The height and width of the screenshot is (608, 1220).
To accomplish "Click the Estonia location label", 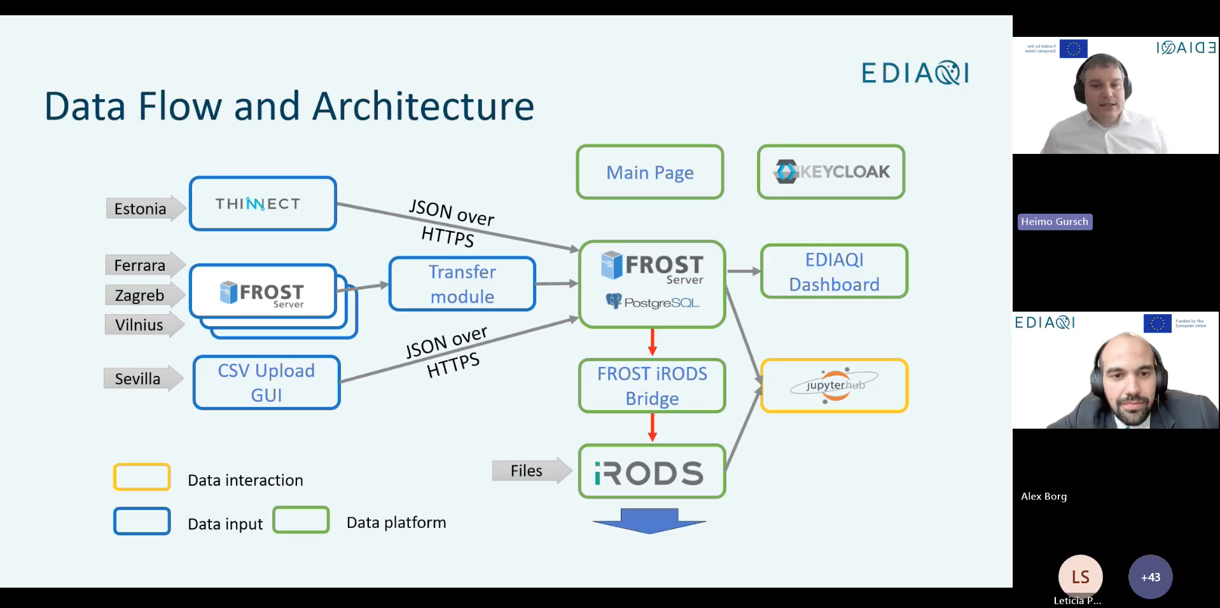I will (x=141, y=209).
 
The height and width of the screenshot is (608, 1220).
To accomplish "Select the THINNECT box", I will (x=263, y=204).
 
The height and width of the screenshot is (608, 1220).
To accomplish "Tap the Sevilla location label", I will (x=138, y=378).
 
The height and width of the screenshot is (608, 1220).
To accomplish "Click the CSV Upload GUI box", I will (x=267, y=382).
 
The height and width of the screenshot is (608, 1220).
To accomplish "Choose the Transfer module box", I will (x=462, y=284).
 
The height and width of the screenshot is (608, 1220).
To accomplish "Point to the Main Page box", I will (x=650, y=172).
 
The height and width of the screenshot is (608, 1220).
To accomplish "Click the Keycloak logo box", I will (x=831, y=172).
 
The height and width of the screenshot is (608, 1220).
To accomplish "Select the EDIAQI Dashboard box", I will (x=834, y=272).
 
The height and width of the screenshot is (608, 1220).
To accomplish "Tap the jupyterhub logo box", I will (x=834, y=385).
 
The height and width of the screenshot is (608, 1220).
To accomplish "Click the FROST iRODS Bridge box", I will (x=652, y=385).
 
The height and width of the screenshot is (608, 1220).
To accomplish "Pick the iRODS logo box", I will (x=652, y=471).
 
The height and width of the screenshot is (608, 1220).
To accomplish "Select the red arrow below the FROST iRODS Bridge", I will (x=652, y=427).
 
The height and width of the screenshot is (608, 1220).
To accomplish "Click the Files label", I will (x=527, y=471).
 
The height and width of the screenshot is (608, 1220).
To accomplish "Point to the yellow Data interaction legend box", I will (x=142, y=477).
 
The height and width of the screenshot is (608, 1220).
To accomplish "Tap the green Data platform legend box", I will (x=301, y=520).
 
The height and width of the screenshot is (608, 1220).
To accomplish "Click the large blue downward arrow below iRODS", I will (x=649, y=520).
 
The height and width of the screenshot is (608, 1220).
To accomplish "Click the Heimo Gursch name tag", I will (x=1054, y=221).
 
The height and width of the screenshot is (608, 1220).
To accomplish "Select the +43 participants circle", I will (x=1150, y=577).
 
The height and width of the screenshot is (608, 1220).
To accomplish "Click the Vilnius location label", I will (x=139, y=325).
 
